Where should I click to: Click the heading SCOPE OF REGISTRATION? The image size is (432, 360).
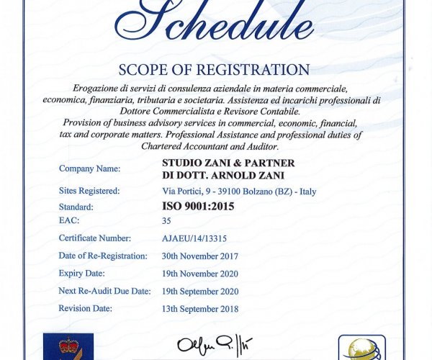point(215,71)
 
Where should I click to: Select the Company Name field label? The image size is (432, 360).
point(89,168)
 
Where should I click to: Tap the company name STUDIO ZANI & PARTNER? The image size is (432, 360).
point(228,163)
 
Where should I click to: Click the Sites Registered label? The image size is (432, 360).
point(89,191)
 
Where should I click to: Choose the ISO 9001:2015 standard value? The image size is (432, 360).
point(198,206)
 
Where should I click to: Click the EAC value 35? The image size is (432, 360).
point(167,220)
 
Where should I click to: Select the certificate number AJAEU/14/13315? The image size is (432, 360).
point(194,238)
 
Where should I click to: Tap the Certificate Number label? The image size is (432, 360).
point(94,238)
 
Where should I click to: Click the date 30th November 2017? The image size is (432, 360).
point(200,256)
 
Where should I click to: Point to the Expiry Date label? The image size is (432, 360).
point(81,273)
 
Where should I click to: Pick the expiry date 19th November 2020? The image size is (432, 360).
point(200,274)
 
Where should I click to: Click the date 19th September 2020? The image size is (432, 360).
point(200,292)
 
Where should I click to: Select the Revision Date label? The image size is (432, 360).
point(85,308)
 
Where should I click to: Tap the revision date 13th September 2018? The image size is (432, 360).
point(200,309)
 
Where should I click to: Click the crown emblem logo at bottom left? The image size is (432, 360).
point(68,346)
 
